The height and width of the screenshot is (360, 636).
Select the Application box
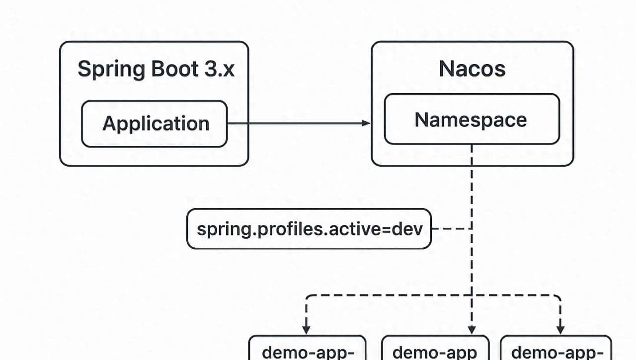coord(154,124)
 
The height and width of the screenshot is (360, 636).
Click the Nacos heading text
coord(472,70)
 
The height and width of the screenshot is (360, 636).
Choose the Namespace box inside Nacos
coord(472,120)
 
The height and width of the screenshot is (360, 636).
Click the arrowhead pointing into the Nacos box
coord(367,123)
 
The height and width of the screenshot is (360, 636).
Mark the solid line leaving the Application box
coord(293,123)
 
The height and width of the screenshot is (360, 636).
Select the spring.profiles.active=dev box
coord(309,229)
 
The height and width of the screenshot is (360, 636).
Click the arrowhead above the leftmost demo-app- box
coord(306,329)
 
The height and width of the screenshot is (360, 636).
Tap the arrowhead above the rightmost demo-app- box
coord(560,329)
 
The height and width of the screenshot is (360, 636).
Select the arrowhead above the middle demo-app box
coord(472,329)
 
